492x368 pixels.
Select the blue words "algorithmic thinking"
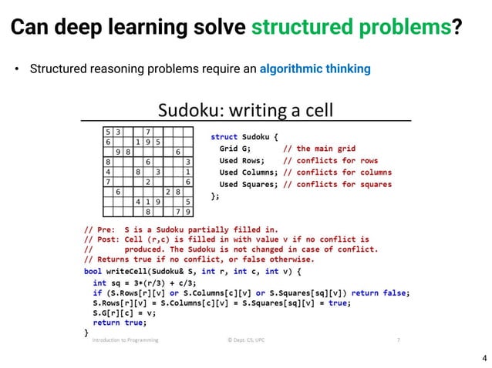coord(315,69)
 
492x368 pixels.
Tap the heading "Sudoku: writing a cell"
coord(245,111)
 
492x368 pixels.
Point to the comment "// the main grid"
coord(319,148)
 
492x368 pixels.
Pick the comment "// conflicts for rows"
coord(326,160)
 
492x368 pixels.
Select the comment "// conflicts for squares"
coord(337,185)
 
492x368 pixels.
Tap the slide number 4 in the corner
coord(484,358)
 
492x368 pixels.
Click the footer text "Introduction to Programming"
coord(125,339)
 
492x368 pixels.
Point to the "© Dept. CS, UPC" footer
coord(249,339)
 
